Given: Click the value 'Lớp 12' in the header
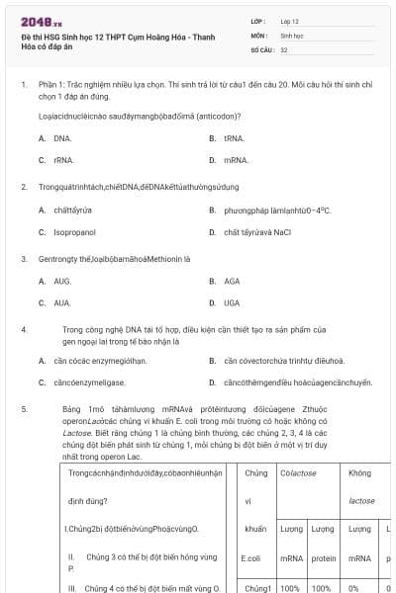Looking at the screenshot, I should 289,21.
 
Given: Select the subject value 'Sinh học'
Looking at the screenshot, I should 292,35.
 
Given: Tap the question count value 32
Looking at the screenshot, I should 284,48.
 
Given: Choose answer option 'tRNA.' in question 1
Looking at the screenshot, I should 234,138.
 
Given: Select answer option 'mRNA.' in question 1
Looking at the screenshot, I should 236,159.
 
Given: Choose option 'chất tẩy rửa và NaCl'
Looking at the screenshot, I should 257,232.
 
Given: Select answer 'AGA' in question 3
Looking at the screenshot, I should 232,281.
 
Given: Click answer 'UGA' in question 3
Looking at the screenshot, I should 232,302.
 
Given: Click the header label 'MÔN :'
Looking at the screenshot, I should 259,35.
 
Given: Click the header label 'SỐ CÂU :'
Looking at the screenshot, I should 261,48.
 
